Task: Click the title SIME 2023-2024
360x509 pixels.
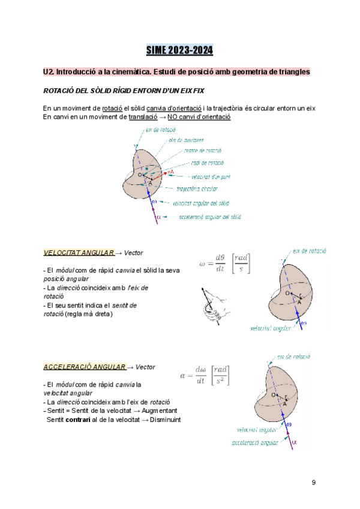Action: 180,50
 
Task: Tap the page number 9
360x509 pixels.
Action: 313,483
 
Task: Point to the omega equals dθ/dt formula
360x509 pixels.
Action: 226,264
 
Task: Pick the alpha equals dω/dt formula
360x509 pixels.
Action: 205,377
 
